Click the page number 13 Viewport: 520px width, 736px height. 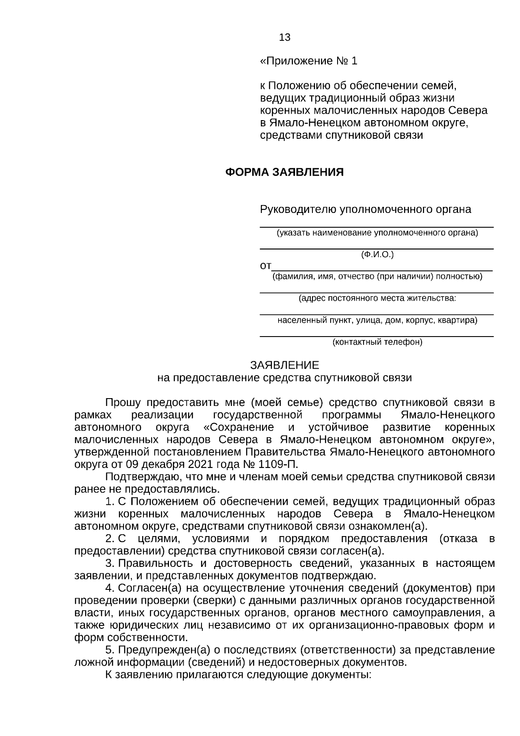(285, 38)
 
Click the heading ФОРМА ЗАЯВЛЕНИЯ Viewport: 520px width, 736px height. (284, 173)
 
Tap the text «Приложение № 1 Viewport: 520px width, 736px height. (309, 61)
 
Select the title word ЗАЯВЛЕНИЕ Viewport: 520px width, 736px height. (284, 365)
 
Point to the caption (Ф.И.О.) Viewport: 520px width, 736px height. (377, 255)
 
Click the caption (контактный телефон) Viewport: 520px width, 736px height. (377, 343)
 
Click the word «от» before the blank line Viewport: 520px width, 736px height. (265, 265)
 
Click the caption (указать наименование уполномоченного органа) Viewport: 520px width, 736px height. (377, 233)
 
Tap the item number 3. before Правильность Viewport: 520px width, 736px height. (110, 563)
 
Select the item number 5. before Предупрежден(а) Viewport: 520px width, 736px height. (110, 651)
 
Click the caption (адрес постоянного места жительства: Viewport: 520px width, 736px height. (377, 298)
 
